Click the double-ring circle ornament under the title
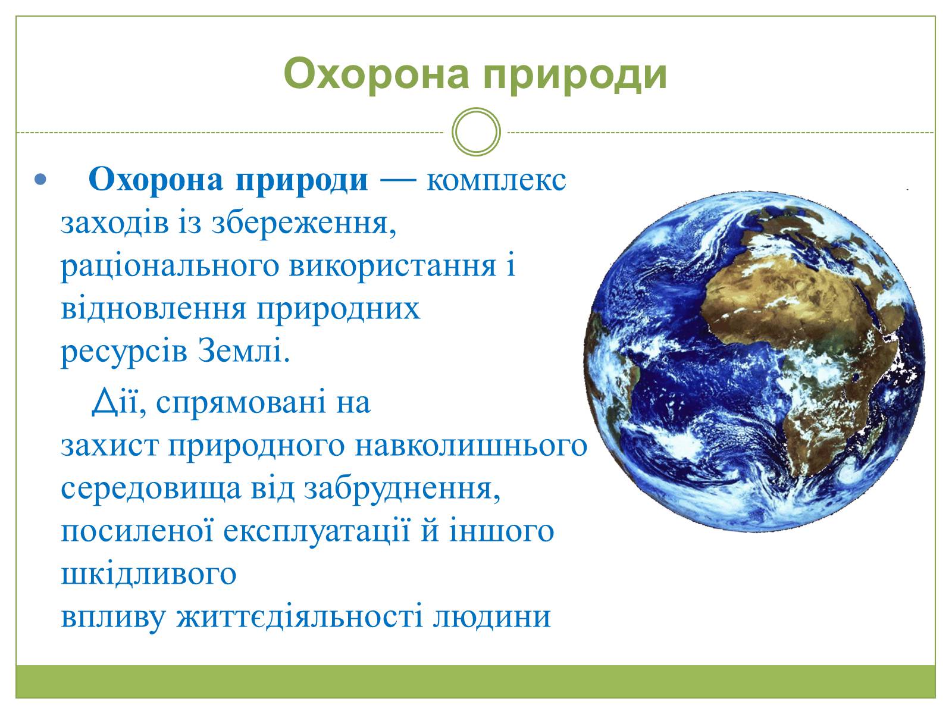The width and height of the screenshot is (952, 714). click(x=476, y=131)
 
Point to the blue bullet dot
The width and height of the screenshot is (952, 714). click(x=40, y=179)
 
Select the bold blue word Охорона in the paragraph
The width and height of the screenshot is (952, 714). click(x=156, y=180)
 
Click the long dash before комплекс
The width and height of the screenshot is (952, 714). click(x=398, y=180)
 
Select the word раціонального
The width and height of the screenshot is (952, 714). click(x=170, y=268)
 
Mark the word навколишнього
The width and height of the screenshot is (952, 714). click(x=471, y=446)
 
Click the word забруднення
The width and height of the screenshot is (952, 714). click(x=402, y=488)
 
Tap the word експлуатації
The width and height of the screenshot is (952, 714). click(x=317, y=531)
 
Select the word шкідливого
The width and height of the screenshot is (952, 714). click(x=149, y=574)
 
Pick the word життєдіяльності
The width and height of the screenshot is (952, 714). click(x=299, y=616)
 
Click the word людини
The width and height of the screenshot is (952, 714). click(x=492, y=618)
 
